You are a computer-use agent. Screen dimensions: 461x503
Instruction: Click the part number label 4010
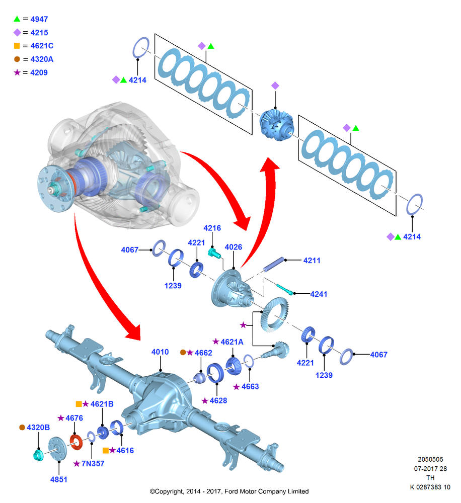click(160, 352)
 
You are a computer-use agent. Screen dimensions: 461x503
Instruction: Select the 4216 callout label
click(212, 228)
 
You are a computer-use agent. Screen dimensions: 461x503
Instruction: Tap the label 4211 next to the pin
click(312, 261)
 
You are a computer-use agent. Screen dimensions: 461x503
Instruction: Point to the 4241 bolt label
click(319, 294)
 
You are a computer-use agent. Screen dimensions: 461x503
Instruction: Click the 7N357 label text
click(93, 464)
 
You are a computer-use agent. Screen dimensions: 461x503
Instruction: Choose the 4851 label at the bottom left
click(59, 479)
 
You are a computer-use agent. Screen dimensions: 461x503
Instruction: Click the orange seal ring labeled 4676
click(76, 442)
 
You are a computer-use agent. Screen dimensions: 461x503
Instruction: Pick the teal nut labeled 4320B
click(39, 455)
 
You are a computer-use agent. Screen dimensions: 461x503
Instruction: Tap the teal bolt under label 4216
click(214, 253)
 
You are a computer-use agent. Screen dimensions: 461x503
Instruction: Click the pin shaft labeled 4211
click(274, 264)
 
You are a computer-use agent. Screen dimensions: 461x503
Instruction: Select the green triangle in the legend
click(17, 19)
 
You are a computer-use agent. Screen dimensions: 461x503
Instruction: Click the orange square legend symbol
click(17, 46)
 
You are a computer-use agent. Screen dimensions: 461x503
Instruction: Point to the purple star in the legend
click(17, 72)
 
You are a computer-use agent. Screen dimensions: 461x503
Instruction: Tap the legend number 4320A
click(42, 59)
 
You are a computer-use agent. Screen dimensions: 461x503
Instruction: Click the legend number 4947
click(39, 19)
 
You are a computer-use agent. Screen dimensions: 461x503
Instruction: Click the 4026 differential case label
click(234, 247)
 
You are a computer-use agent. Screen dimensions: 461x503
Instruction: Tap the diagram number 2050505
click(430, 459)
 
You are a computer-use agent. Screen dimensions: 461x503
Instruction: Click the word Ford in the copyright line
click(231, 491)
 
